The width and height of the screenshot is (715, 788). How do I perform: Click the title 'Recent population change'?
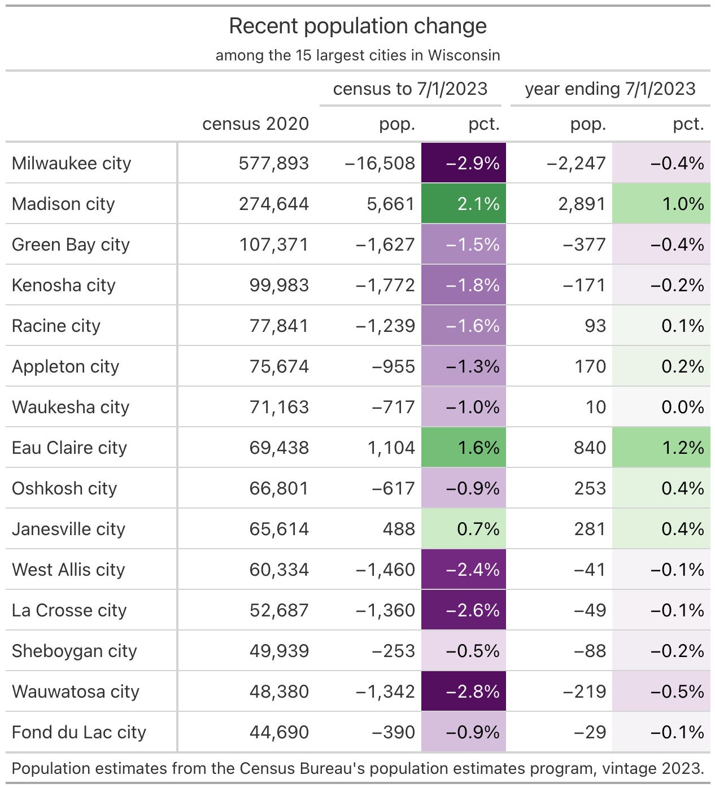click(357, 27)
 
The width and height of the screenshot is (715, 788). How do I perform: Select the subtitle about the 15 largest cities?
click(357, 55)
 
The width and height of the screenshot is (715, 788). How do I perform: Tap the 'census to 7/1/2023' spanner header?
click(410, 89)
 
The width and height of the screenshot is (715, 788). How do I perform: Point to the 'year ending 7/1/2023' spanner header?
click(610, 89)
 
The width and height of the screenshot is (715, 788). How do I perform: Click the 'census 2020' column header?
click(255, 124)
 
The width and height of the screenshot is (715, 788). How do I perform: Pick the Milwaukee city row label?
click(72, 163)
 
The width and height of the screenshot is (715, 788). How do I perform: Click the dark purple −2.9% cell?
click(464, 163)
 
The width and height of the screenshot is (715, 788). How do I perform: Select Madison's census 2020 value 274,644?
click(273, 204)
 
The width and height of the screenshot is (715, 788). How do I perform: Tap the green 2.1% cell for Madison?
click(464, 204)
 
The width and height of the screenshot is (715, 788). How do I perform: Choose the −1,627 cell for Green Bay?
click(385, 244)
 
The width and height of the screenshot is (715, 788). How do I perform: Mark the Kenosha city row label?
click(64, 285)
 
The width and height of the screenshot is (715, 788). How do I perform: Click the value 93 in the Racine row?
click(595, 326)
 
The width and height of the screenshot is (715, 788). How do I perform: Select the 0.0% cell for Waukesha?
click(682, 407)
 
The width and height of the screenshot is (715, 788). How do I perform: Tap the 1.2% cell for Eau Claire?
click(682, 448)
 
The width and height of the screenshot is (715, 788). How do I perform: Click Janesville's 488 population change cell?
click(399, 529)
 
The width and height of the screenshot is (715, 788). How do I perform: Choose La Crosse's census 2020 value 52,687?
click(279, 610)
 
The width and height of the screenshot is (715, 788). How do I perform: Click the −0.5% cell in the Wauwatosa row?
click(677, 691)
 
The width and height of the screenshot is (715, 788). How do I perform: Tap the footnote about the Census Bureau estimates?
click(357, 768)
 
